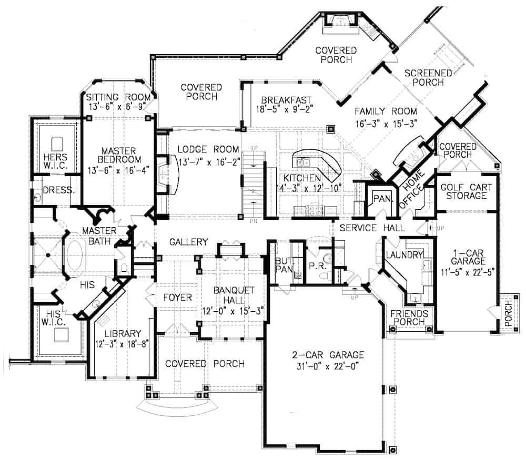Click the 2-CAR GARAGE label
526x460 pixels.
[321, 354]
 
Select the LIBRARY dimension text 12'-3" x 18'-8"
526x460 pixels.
[122, 344]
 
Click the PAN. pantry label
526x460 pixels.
[380, 199]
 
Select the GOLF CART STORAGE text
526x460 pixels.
[463, 191]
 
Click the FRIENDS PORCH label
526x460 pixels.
[409, 319]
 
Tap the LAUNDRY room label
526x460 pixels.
[404, 255]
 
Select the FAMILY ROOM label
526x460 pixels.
[386, 111]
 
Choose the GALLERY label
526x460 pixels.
[189, 241]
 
